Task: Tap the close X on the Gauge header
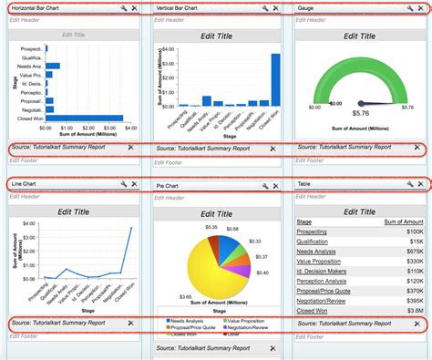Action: tap(421, 7)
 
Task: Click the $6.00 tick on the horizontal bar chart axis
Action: tap(119, 129)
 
